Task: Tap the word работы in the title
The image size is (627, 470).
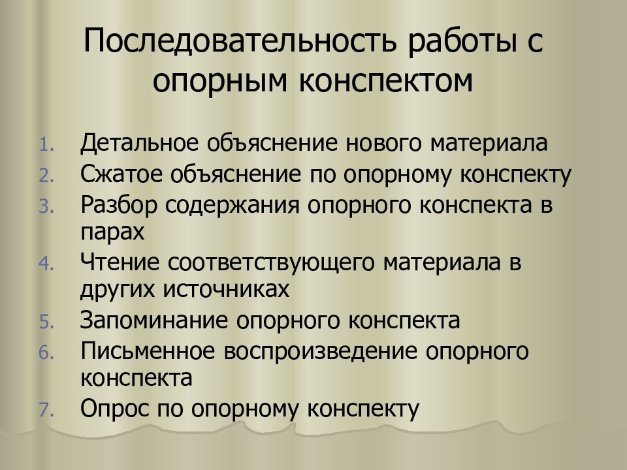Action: tap(461, 43)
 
